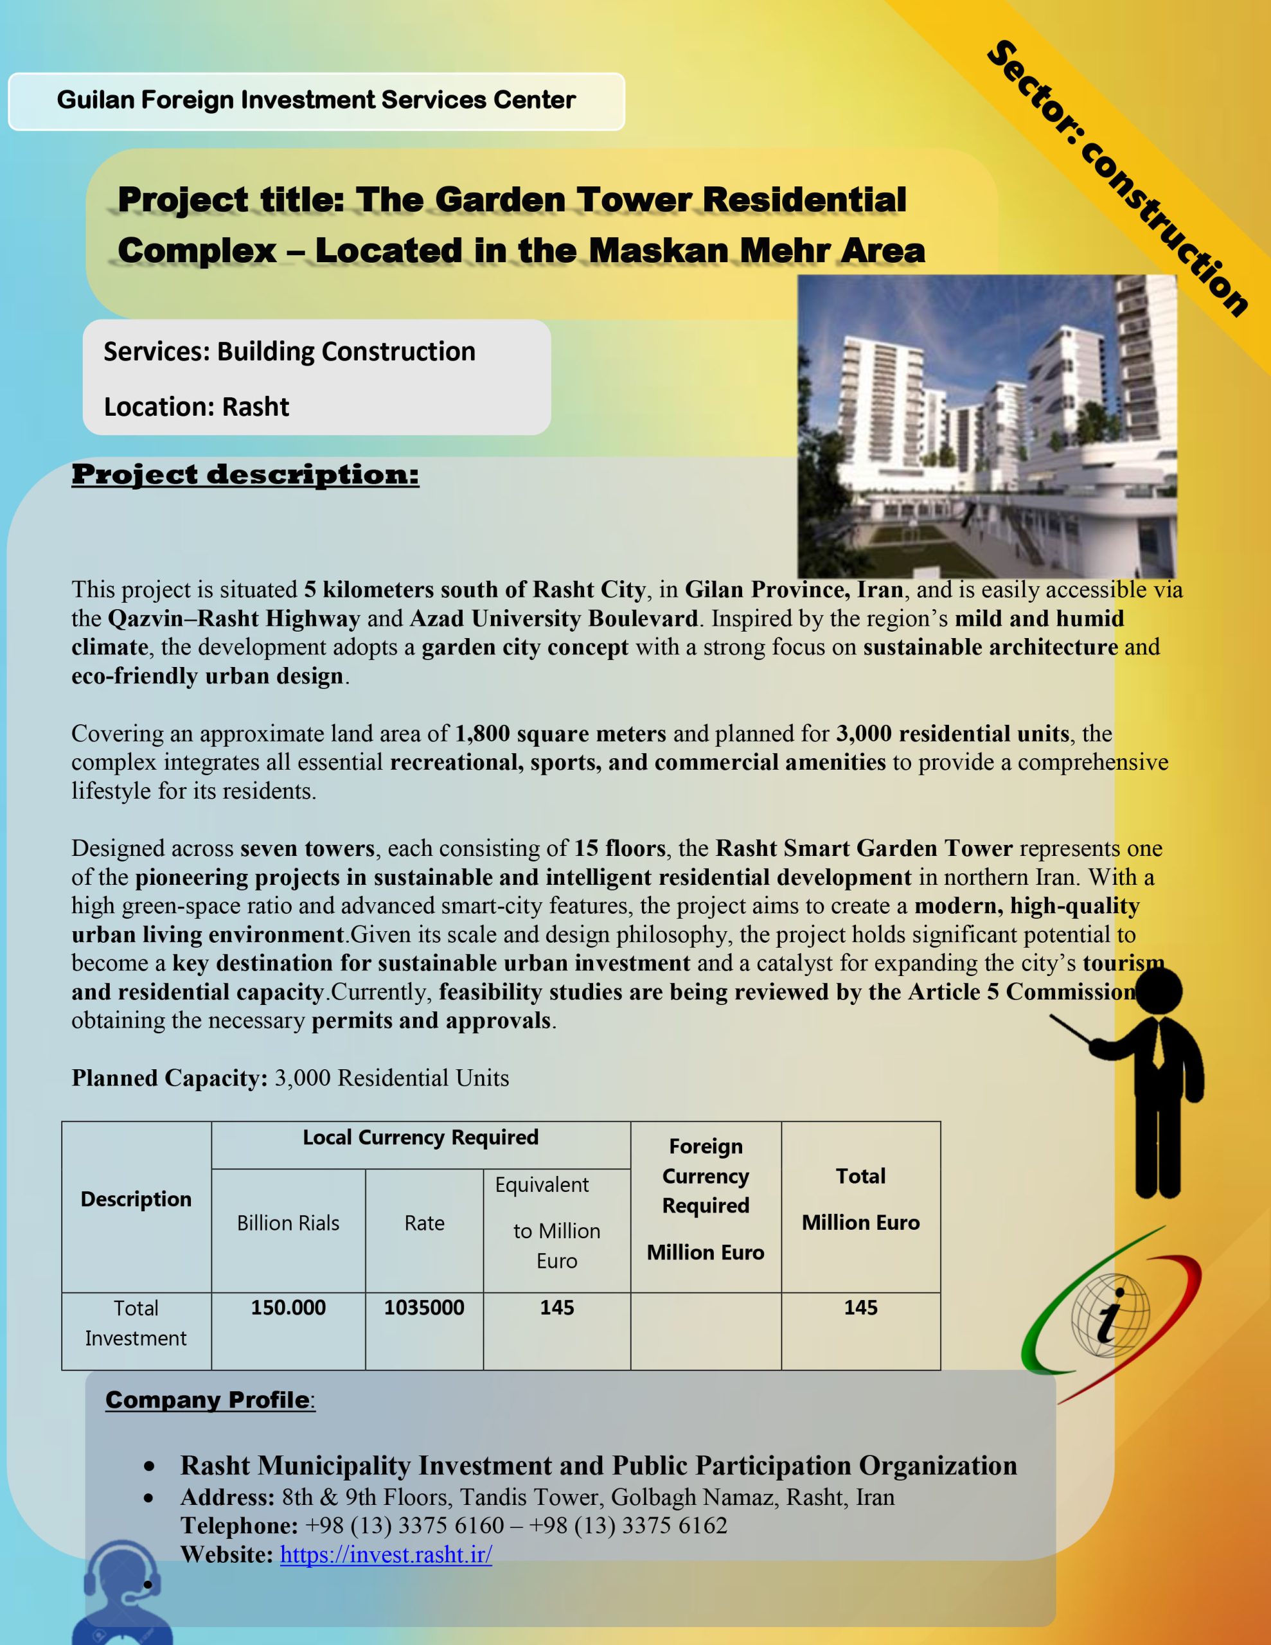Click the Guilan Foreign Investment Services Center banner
pyautogui.click(x=316, y=101)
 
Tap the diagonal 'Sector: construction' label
pyautogui.click(x=1118, y=178)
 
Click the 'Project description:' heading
pyautogui.click(x=245, y=474)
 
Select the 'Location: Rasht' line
pyautogui.click(x=196, y=407)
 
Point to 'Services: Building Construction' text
pyautogui.click(x=289, y=351)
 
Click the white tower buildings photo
pyautogui.click(x=986, y=425)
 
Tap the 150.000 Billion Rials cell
pyautogui.click(x=288, y=1308)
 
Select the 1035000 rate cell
pyautogui.click(x=423, y=1308)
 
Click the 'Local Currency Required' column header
pyautogui.click(x=420, y=1137)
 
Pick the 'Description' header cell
pyautogui.click(x=136, y=1199)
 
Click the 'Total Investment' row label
pyautogui.click(x=136, y=1323)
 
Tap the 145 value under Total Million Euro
pyautogui.click(x=860, y=1308)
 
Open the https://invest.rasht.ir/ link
pyautogui.click(x=386, y=1554)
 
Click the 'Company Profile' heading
pyautogui.click(x=207, y=1400)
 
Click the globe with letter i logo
pyautogui.click(x=1110, y=1316)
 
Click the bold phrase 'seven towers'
pyautogui.click(x=307, y=848)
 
